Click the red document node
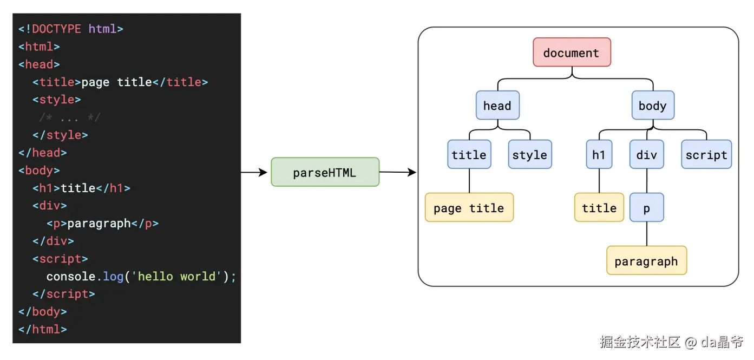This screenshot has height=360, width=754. [572, 52]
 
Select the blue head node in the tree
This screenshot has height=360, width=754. [497, 105]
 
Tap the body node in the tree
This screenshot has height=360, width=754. [653, 105]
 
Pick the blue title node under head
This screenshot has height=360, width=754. [469, 154]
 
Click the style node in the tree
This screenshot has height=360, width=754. [530, 154]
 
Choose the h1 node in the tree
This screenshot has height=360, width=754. [599, 154]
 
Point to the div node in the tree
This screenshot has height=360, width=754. [647, 154]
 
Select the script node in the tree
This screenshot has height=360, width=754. [706, 154]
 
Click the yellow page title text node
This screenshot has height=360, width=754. [469, 207]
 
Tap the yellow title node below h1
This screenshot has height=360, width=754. [599, 207]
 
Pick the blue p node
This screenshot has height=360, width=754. [647, 207]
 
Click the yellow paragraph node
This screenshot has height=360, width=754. [646, 260]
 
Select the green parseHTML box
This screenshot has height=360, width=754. [325, 172]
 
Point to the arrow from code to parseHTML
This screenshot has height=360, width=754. [254, 173]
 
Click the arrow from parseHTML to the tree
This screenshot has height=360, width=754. [398, 172]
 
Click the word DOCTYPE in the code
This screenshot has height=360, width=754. [56, 29]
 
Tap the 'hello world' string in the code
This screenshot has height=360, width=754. [176, 277]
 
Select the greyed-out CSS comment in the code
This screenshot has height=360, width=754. [70, 117]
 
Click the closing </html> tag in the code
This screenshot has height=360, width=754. [43, 329]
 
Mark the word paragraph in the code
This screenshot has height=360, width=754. [99, 224]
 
